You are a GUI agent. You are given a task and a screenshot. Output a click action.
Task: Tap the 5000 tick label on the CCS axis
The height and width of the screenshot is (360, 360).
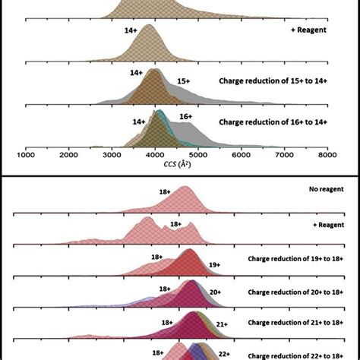pos(197,155)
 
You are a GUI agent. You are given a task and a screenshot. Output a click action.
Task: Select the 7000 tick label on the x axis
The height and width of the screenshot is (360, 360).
pos(284,155)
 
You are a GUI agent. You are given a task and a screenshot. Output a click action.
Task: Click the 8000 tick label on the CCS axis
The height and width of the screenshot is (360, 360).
pos(327,155)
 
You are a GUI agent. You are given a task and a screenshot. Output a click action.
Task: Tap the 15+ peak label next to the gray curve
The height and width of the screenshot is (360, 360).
pos(183,80)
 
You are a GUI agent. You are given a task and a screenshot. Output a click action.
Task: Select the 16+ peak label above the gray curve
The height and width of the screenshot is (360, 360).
pos(185,116)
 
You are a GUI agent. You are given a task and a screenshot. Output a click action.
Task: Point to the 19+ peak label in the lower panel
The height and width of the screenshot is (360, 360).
pos(215,264)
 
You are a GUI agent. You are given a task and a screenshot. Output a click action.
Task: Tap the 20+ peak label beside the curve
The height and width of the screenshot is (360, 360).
pos(216,292)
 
